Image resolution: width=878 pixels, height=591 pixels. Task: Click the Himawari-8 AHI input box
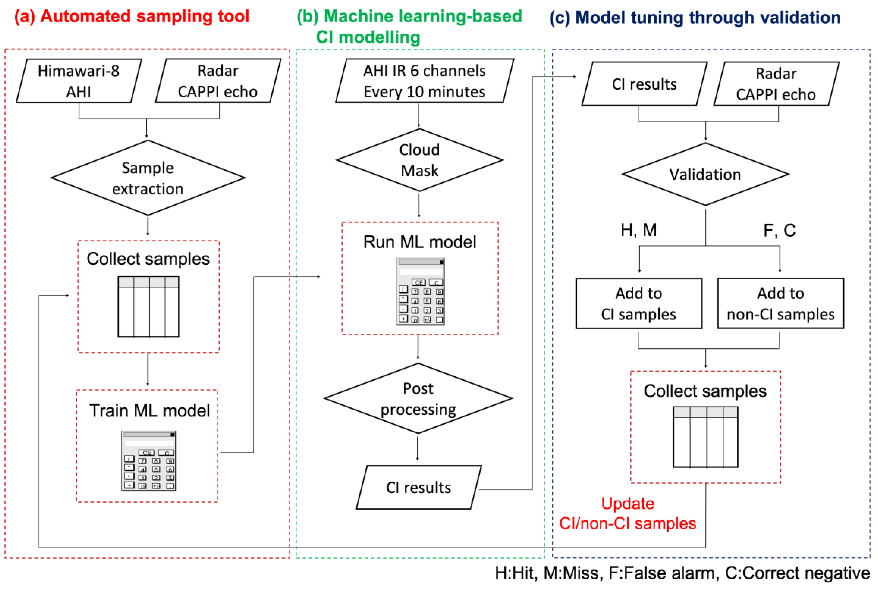79,81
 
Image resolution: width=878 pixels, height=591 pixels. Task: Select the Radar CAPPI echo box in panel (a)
218,81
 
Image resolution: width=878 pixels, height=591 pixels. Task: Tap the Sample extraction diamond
148,178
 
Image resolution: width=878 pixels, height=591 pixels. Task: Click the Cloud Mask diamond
419,160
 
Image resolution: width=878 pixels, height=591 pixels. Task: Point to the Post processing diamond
418,398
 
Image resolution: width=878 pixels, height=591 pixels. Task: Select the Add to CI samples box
639,303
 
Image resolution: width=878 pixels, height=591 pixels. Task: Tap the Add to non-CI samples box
780,303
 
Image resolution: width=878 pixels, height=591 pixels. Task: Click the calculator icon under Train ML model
149,461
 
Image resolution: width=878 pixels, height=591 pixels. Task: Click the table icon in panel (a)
149,306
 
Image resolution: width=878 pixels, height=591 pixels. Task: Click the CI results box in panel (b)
418,487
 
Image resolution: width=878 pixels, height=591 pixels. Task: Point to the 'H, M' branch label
639,230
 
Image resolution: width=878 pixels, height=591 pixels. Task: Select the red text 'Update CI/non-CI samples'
628,513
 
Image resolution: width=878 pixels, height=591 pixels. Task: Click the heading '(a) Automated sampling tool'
132,17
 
